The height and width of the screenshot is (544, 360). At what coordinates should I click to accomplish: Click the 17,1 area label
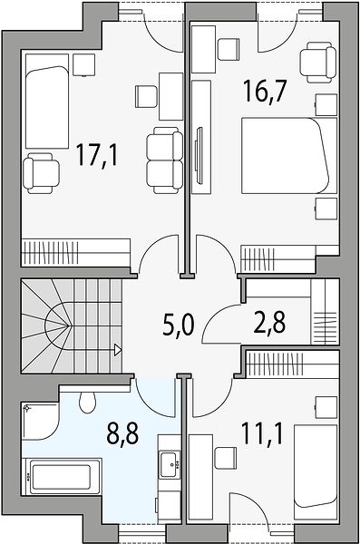coord(97,156)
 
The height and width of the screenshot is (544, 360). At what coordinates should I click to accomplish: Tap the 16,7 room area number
coord(265,91)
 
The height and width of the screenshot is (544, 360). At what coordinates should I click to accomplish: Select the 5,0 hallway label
coord(178,325)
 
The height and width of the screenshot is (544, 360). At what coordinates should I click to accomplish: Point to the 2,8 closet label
coord(269,322)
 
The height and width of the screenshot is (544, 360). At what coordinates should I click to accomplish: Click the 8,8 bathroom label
coord(123,433)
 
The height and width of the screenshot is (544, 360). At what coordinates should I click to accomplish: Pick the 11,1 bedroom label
coord(262,433)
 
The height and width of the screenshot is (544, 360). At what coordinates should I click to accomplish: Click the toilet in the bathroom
coord(87,403)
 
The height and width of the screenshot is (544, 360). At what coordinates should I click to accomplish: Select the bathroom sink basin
coord(170,465)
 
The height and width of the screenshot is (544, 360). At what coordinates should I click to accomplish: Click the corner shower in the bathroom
coord(39,421)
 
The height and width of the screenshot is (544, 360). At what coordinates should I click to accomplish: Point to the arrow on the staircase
coord(118,350)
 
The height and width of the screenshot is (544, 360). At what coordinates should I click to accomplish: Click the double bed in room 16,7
coord(289,155)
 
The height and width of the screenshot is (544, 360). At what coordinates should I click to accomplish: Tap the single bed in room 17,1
coord(47,102)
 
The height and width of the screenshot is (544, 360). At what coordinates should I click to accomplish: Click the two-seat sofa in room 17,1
coord(164,160)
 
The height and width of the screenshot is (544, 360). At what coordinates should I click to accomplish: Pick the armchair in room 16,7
coord(318,63)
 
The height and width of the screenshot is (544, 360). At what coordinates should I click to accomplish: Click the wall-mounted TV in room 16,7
coord(199,155)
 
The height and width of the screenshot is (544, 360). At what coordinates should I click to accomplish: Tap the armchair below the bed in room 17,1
coord(41,173)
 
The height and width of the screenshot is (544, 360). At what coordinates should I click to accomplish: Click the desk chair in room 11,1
coord(225,458)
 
